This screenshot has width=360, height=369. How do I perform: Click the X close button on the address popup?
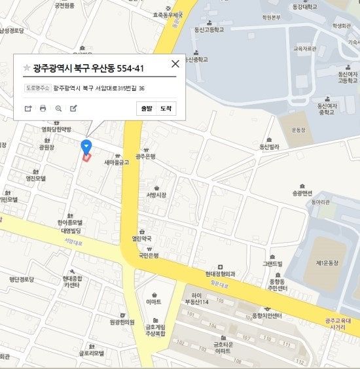click(175, 64)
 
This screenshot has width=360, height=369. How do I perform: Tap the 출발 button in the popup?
click(146, 109)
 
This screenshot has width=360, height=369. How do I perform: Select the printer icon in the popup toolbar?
click(43, 109)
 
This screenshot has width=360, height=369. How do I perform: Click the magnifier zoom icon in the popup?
click(58, 109)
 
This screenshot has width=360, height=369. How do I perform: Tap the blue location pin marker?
click(86, 146)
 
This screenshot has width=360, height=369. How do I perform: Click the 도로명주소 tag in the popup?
click(37, 88)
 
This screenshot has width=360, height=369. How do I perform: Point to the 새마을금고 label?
click(117, 162)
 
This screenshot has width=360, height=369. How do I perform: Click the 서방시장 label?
click(156, 195)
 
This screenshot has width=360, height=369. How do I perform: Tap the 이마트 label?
click(154, 302)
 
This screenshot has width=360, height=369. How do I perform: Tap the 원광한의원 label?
click(121, 322)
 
